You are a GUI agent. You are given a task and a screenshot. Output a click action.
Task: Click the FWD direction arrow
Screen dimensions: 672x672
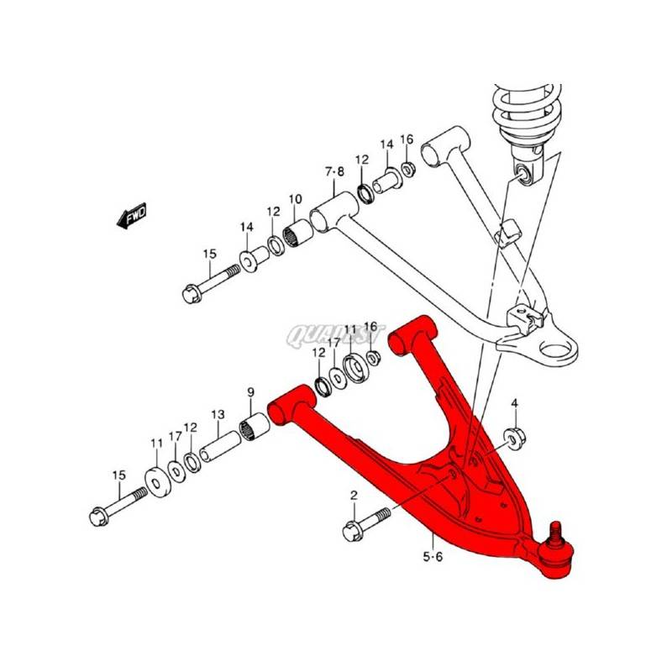132,218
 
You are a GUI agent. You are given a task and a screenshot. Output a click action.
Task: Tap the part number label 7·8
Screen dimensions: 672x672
334,173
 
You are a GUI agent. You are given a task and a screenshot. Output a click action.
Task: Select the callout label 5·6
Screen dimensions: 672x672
433,557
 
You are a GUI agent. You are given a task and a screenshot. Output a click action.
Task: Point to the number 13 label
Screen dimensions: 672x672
218,414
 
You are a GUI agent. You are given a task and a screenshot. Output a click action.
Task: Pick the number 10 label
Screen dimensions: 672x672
296,199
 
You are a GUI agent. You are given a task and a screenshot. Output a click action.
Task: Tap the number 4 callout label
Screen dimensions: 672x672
515,404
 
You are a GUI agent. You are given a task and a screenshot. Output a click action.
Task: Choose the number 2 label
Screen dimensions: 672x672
354,496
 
